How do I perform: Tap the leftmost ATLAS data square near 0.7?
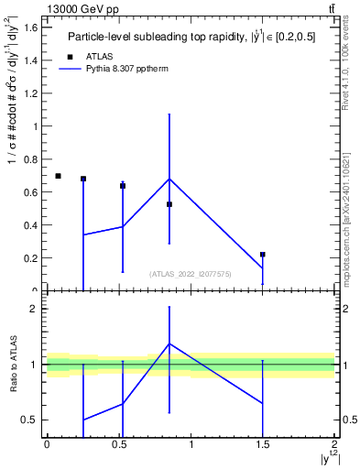coord(58,176)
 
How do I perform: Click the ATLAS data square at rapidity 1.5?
coord(263,254)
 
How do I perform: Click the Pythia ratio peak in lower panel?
coord(169,344)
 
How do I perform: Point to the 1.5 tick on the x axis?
coord(263,444)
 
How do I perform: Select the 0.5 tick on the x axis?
coord(119,444)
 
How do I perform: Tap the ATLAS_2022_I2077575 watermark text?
coord(191,273)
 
